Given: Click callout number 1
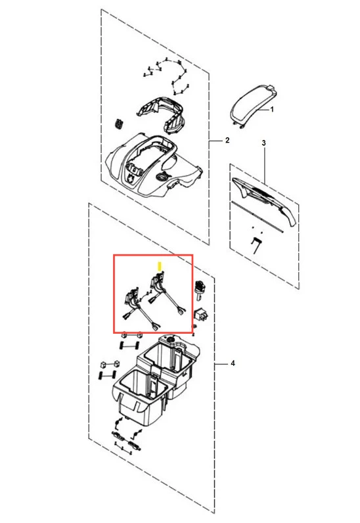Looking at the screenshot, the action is [x=272, y=110].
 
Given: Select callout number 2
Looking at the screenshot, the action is [x=227, y=140].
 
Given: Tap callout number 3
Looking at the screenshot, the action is [x=263, y=143].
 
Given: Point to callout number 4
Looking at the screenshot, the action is [x=233, y=363].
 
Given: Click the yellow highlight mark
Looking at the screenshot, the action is [x=160, y=266].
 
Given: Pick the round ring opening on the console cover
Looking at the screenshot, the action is [x=164, y=176].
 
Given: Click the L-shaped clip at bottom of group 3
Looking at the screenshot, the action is [x=256, y=245].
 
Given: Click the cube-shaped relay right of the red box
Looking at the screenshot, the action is [x=201, y=315].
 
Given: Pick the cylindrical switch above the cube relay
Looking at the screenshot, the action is [x=200, y=288].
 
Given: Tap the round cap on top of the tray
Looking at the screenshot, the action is [x=170, y=340].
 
